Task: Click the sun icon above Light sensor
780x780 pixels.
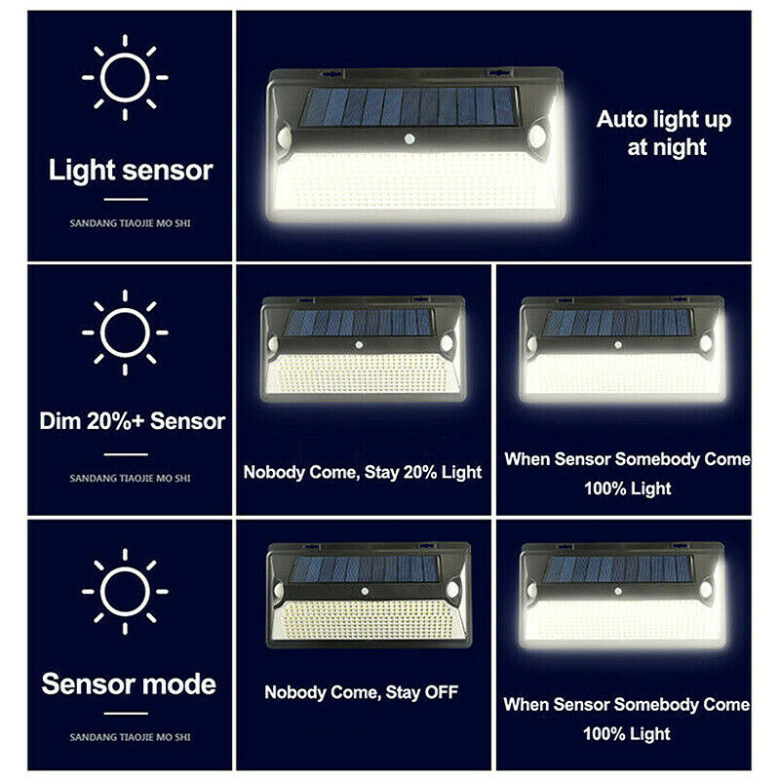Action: click(x=125, y=78)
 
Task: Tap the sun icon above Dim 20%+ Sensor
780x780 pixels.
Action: click(x=125, y=332)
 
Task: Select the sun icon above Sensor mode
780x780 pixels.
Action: click(x=125, y=592)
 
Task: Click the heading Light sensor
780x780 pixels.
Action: click(x=131, y=171)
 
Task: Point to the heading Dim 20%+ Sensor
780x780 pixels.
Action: click(x=133, y=421)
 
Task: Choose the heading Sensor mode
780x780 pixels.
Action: click(x=129, y=684)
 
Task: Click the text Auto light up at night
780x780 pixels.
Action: click(x=664, y=133)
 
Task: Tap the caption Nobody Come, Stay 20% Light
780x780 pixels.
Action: click(x=363, y=472)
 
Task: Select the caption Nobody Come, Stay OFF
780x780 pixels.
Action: click(x=361, y=692)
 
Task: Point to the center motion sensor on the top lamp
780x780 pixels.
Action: click(x=409, y=139)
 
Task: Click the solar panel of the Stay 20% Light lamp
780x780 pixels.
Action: click(x=358, y=323)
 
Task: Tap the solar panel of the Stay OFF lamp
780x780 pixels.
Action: click(x=364, y=569)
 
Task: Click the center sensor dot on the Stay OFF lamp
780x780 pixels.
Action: click(x=365, y=592)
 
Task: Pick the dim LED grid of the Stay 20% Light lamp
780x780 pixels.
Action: click(x=362, y=373)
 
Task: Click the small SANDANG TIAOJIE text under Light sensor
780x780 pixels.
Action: click(x=130, y=223)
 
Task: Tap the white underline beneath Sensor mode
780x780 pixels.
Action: click(x=126, y=714)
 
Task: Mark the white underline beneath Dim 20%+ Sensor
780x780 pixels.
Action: click(x=126, y=454)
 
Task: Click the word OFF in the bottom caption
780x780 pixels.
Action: click(x=442, y=692)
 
